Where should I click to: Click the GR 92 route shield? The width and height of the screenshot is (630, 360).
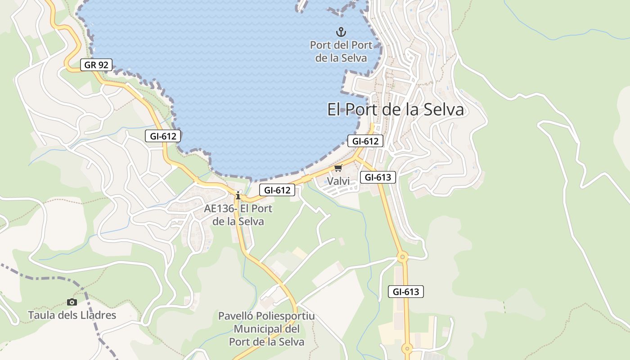pyautogui.click(x=96, y=65)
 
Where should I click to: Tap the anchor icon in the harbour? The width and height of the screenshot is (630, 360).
pyautogui.click(x=341, y=32)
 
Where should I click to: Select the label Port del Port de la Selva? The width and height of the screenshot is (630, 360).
pyautogui.click(x=341, y=51)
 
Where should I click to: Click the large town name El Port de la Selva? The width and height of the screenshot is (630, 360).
pyautogui.click(x=395, y=109)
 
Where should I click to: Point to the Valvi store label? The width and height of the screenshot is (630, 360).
pyautogui.click(x=338, y=181)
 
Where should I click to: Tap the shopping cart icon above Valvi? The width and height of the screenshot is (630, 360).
pyautogui.click(x=338, y=168)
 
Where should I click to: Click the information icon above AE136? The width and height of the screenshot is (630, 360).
pyautogui.click(x=238, y=195)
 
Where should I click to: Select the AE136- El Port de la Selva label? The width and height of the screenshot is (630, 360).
pyautogui.click(x=238, y=215)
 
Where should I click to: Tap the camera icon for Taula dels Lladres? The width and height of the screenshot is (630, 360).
pyautogui.click(x=72, y=302)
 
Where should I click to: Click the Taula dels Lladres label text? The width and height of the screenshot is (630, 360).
pyautogui.click(x=72, y=315)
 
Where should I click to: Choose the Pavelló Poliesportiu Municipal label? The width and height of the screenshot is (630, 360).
pyautogui.click(x=266, y=329)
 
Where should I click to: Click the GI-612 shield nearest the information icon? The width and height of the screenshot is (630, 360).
pyautogui.click(x=277, y=190)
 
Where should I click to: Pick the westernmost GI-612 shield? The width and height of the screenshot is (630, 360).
pyautogui.click(x=163, y=136)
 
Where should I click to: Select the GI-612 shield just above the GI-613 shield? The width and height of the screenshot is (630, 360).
pyautogui.click(x=365, y=141)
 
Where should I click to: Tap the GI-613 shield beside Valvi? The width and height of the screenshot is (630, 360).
pyautogui.click(x=378, y=177)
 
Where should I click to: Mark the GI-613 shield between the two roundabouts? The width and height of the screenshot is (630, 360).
pyautogui.click(x=406, y=292)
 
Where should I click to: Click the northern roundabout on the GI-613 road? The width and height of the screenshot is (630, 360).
pyautogui.click(x=402, y=257)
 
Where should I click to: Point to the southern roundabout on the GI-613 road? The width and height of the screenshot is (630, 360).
pyautogui.click(x=407, y=348)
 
